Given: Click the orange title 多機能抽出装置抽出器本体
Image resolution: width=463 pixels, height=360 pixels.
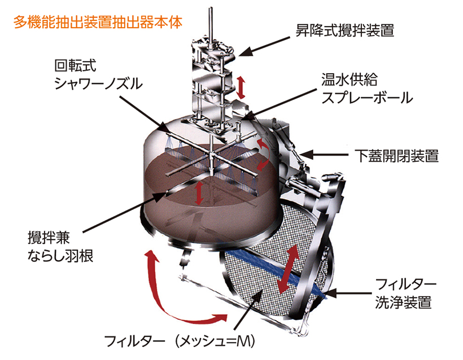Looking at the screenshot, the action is (x=98, y=23).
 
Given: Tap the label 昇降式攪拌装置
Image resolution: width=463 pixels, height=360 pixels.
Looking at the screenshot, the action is (x=345, y=30).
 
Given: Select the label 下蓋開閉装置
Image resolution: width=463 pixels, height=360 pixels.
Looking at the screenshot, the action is (x=397, y=156).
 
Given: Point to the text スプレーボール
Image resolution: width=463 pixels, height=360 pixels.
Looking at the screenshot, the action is (x=367, y=98).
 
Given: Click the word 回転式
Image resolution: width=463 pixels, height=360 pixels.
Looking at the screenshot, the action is (x=75, y=65).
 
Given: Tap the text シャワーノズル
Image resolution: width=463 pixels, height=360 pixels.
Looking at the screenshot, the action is (x=98, y=84).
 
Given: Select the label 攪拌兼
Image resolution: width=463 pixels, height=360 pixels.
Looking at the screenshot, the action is (x=49, y=238).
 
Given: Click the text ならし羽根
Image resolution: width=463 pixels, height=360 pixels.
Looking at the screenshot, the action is (x=60, y=256).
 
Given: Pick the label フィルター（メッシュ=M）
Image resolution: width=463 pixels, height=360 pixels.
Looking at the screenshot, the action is (x=180, y=341).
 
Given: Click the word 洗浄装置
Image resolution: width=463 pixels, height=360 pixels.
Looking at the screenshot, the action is (x=403, y=302).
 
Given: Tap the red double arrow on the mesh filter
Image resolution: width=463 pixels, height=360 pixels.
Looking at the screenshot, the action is (x=288, y=269).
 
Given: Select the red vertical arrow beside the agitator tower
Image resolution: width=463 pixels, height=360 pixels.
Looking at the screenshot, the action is (x=241, y=87).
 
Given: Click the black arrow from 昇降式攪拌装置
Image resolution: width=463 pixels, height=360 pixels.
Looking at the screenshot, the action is (x=264, y=46).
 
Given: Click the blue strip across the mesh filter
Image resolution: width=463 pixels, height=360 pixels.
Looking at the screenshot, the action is (x=276, y=271).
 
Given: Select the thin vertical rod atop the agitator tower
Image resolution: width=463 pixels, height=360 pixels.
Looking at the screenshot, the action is (x=210, y=25).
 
